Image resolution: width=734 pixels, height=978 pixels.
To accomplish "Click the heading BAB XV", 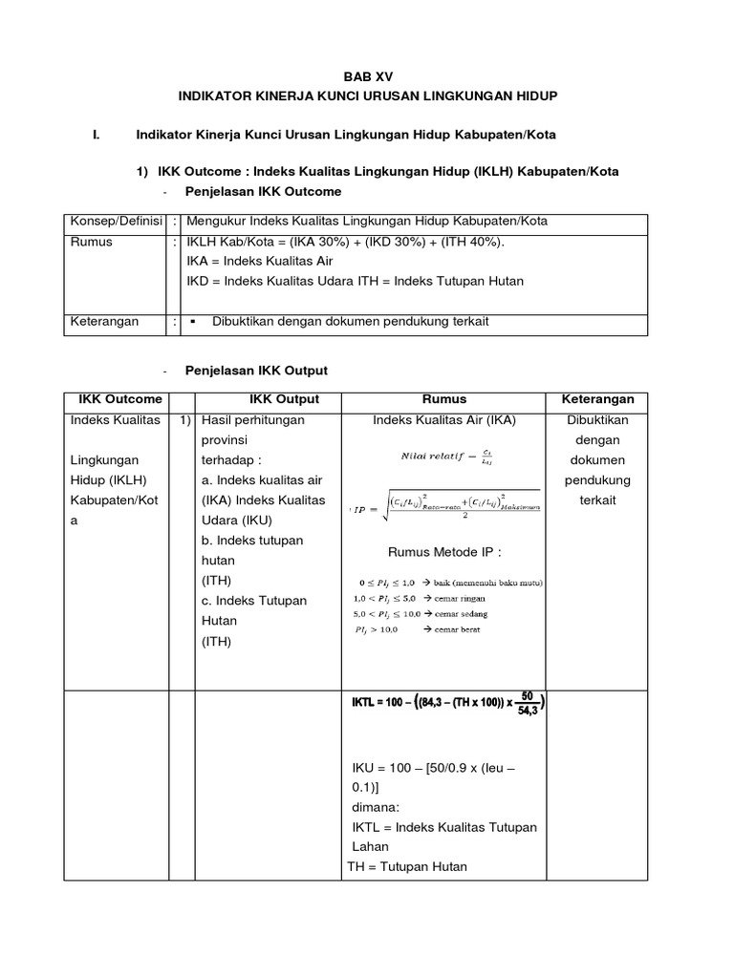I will (368, 75).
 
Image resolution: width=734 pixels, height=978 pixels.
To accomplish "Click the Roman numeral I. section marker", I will (96, 134).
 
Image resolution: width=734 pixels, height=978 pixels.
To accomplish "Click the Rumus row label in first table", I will (92, 242).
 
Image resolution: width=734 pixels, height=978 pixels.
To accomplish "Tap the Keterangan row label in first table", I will (105, 322).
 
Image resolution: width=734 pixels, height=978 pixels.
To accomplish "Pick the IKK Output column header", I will (284, 399).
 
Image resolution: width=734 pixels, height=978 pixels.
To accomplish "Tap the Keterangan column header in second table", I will (597, 399).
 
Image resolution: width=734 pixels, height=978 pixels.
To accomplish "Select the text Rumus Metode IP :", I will (444, 552).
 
